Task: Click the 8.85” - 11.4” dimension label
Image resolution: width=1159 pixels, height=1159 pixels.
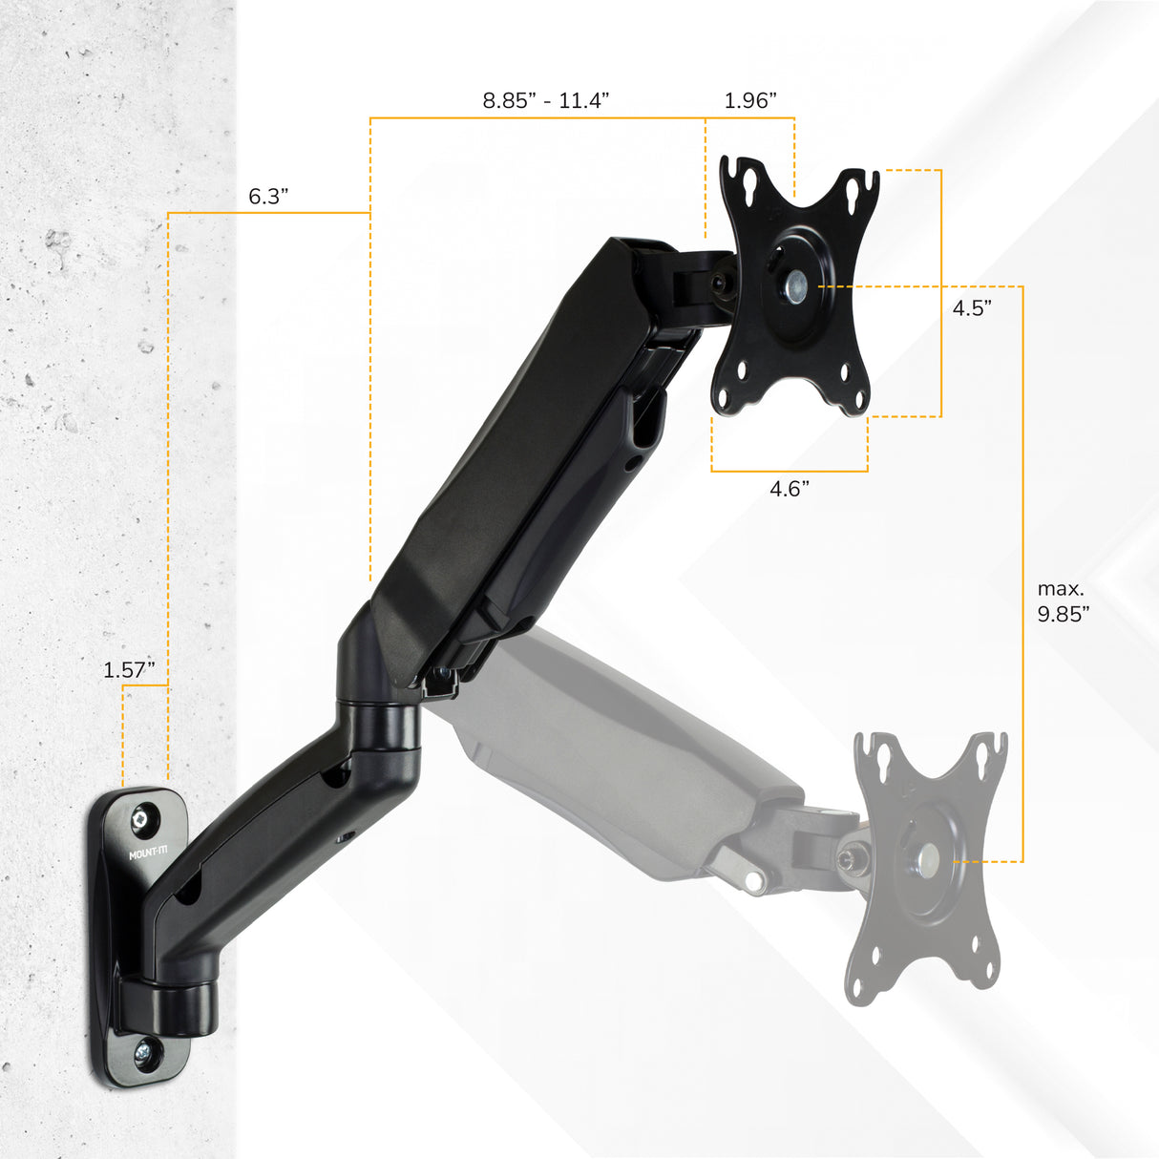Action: [x=545, y=100]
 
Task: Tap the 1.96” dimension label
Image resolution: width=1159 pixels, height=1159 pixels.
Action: [x=749, y=100]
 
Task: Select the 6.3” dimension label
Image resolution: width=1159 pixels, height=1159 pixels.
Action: [x=268, y=197]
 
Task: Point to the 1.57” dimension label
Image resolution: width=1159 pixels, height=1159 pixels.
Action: [x=129, y=670]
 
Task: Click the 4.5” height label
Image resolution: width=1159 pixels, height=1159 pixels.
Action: [x=971, y=308]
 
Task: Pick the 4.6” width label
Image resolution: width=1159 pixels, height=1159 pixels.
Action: [x=790, y=489]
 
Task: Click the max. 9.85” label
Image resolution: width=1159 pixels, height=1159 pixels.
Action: [x=1063, y=602]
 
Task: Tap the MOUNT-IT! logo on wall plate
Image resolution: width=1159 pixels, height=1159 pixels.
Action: [x=147, y=851]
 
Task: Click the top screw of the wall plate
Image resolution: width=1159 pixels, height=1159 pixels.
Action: [x=144, y=817]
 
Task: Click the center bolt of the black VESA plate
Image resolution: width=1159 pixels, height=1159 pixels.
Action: [x=795, y=284]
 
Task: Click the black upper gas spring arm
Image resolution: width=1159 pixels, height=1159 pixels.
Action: [x=535, y=449]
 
